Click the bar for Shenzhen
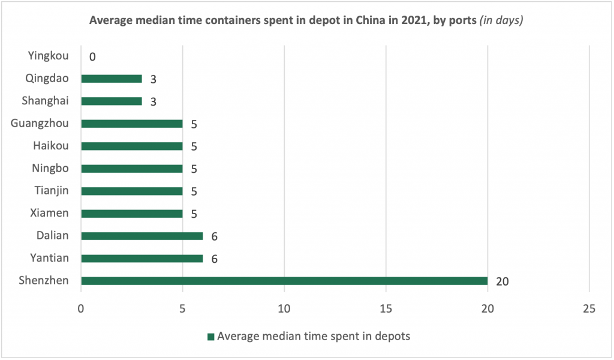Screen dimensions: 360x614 [x=284, y=281]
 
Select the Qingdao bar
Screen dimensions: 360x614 [x=112, y=79]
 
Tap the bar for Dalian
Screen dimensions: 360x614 [x=142, y=236]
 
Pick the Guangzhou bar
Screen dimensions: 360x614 [x=132, y=124]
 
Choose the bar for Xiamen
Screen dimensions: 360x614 [x=132, y=214]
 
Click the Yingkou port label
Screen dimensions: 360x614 [x=49, y=56]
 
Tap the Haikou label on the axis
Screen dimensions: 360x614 [x=52, y=146]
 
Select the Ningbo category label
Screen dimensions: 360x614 [x=50, y=169]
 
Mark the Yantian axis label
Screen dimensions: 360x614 [x=50, y=258]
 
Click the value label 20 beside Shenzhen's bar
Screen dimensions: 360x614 [x=502, y=281]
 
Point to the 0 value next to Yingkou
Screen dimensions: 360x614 [x=92, y=57]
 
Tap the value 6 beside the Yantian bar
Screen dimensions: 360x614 [x=214, y=259]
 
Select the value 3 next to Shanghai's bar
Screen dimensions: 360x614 [x=153, y=101]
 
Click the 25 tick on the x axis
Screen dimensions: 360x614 [x=589, y=308]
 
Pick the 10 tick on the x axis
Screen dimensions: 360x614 [x=284, y=308]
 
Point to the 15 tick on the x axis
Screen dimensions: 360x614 [x=386, y=308]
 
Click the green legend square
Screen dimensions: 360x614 [x=210, y=337]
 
